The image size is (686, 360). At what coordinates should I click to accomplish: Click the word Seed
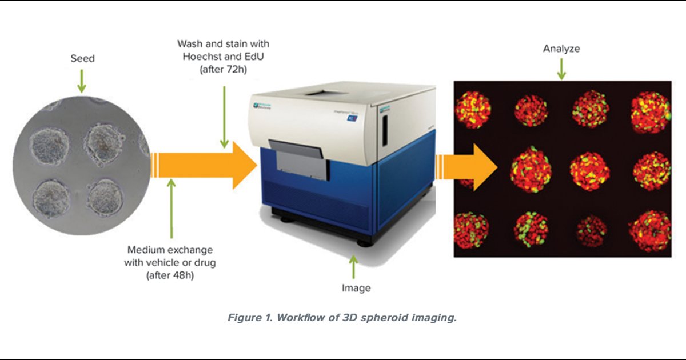pyautogui.click(x=82, y=59)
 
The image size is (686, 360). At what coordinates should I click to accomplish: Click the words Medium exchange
pyautogui.click(x=170, y=250)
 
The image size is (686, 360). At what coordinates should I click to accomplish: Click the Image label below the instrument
pyautogui.click(x=356, y=288)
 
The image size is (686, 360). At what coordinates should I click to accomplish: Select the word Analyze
pyautogui.click(x=561, y=49)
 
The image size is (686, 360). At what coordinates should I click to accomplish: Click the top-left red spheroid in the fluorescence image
pyautogui.click(x=473, y=109)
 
